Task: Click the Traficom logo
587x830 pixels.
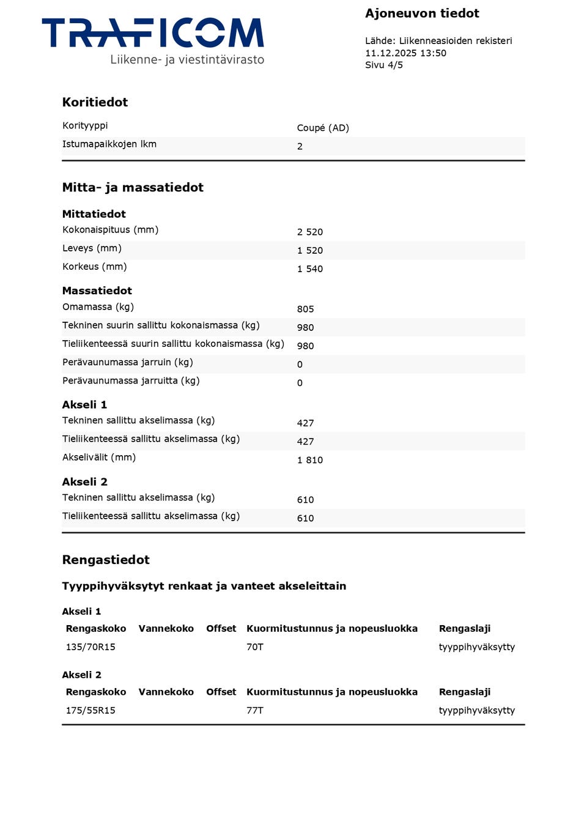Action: pos(153,34)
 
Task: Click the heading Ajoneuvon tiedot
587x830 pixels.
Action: pos(422,13)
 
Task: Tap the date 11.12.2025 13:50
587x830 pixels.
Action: pos(405,53)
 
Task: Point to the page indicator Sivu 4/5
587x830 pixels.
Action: pos(384,65)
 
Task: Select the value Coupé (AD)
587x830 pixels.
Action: pos(323,128)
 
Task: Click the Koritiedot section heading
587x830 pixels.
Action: pos(95,102)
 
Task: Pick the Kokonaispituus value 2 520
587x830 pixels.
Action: pos(309,232)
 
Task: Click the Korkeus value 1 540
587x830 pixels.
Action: pos(309,269)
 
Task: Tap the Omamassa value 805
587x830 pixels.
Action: pos(305,309)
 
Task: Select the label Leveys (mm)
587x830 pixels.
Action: pos(92,248)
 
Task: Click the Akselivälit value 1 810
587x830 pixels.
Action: pos(309,460)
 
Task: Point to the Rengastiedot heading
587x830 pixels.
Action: pos(106,560)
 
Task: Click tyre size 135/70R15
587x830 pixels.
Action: pos(90,647)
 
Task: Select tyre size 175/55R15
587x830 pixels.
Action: pos(90,711)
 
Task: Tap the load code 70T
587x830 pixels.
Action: pos(255,647)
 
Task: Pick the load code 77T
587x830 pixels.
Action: pos(255,711)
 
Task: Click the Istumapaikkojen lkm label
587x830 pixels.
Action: pos(109,144)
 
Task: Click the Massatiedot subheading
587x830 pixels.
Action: pos(97,291)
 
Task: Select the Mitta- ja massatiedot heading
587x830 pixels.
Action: pos(133,187)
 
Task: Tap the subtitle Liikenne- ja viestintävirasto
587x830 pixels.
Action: pos(187,60)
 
